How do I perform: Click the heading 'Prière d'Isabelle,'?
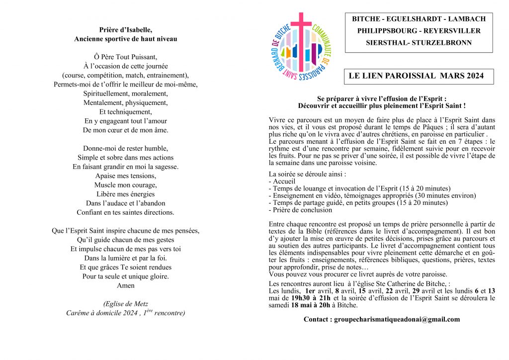coord(125,29)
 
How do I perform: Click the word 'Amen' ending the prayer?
coord(125,285)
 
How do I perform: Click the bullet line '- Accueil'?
coord(282,181)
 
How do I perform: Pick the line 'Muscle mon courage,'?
coord(125,185)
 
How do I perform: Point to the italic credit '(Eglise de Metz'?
coord(125,304)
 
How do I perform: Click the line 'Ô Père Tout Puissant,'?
coord(125,56)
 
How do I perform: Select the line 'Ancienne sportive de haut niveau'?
coord(125,38)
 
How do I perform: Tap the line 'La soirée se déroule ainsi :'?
coord(307,174)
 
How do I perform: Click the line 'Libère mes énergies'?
coord(125,194)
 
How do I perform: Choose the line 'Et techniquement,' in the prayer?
coord(125,112)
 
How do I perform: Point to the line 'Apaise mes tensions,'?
coord(125,176)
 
